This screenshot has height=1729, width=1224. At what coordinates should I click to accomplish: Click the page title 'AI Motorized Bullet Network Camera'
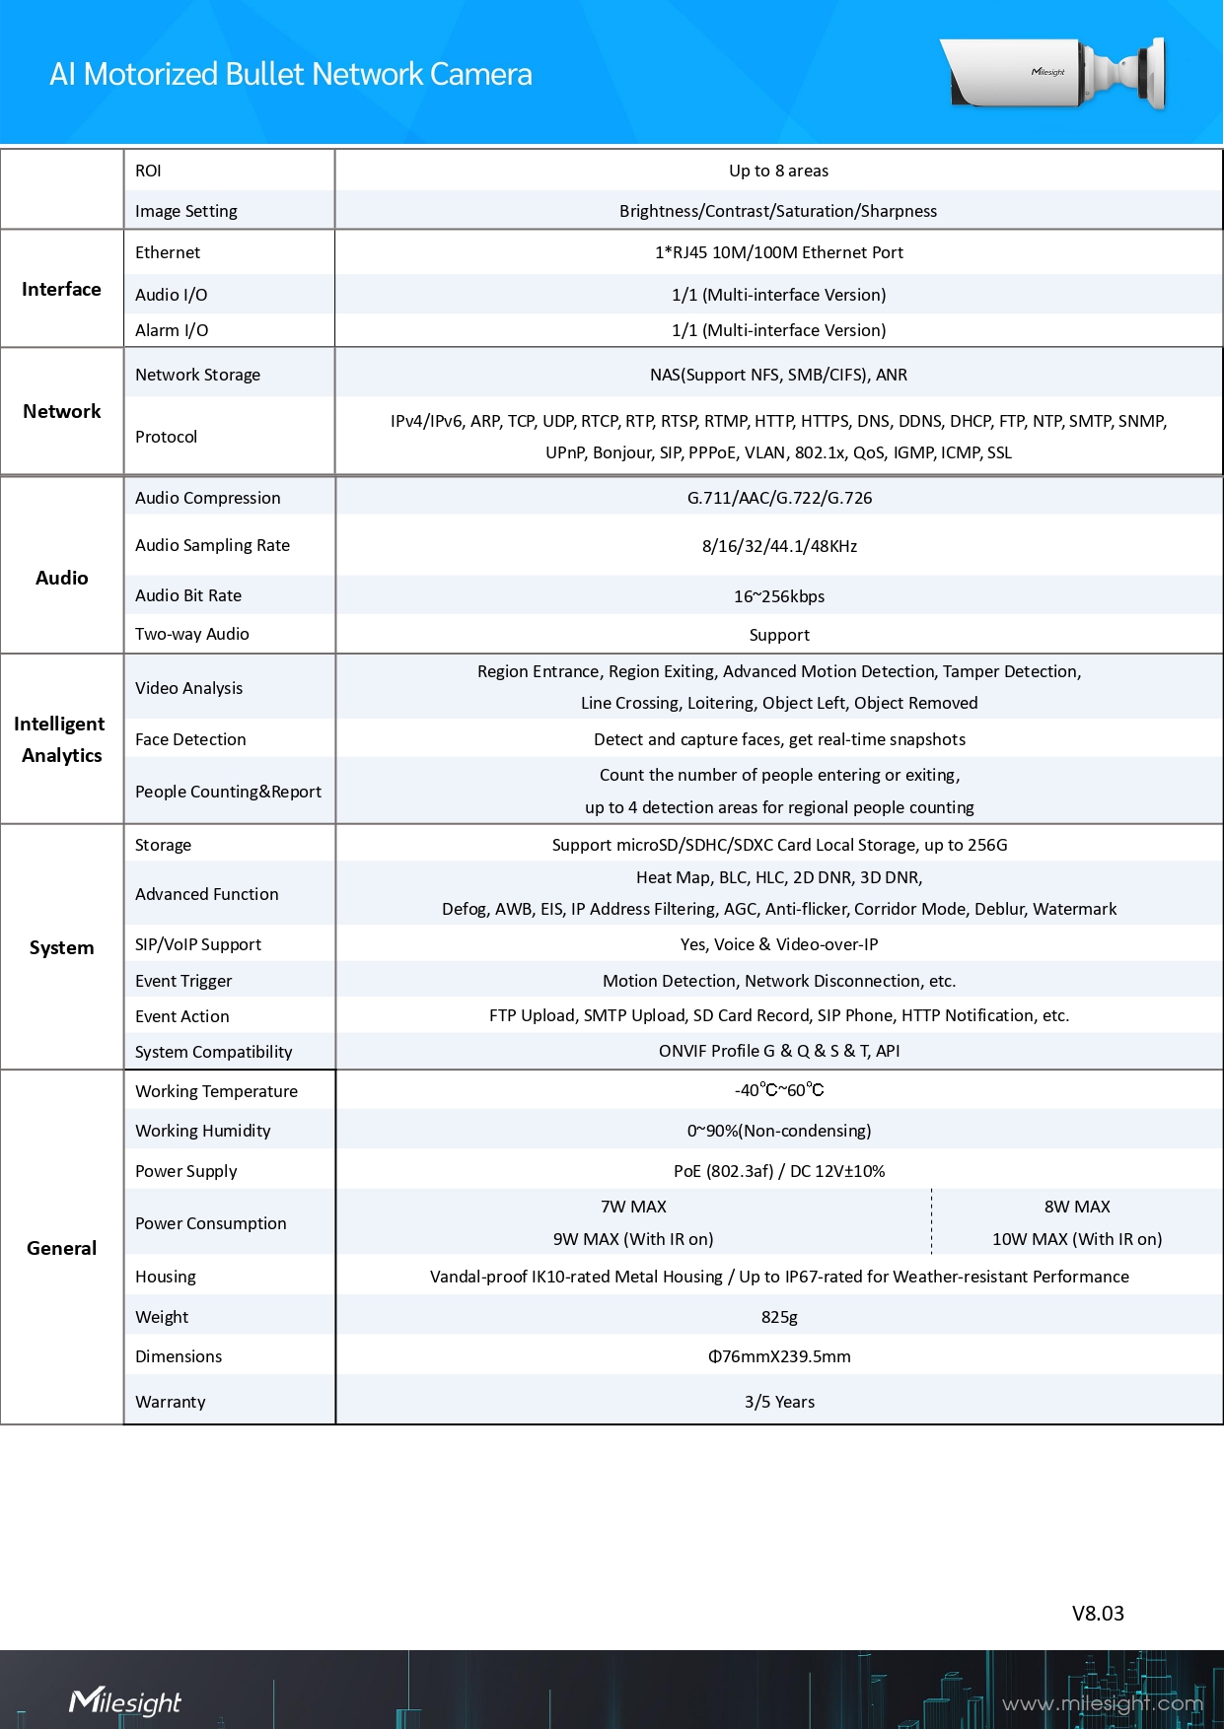tap(291, 74)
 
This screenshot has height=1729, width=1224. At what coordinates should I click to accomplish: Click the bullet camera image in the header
tap(1053, 73)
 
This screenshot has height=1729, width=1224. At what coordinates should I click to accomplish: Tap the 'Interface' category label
tap(61, 289)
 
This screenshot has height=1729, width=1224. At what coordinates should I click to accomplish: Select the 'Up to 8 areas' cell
tap(778, 171)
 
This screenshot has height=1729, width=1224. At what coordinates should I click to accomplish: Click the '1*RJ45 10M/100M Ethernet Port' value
tap(778, 252)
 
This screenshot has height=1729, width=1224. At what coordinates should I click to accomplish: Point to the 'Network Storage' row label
tap(197, 375)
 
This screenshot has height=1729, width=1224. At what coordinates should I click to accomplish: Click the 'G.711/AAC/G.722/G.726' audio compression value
tap(779, 498)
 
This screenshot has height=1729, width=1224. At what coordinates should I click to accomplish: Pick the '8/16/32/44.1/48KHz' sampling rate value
tap(779, 546)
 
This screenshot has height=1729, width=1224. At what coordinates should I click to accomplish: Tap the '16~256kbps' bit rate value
tap(779, 596)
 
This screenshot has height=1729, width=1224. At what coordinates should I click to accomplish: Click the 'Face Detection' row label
tap(190, 739)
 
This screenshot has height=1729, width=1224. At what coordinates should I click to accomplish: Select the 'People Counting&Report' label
tap(228, 792)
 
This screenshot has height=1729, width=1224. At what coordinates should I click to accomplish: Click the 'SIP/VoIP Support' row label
tap(198, 944)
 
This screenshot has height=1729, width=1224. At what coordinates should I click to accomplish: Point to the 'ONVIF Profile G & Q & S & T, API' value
tap(779, 1051)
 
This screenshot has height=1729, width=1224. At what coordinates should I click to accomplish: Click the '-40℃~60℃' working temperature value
tap(779, 1090)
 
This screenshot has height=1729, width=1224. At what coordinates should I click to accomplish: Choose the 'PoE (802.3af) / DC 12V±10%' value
tap(779, 1171)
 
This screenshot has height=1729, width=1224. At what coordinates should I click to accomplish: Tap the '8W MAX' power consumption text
tap(1077, 1207)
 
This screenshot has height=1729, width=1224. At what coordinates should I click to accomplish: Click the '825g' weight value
tap(779, 1317)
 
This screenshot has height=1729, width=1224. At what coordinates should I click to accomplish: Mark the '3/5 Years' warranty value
tap(779, 1402)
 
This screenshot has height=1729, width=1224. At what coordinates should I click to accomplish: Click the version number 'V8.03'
tap(1098, 1614)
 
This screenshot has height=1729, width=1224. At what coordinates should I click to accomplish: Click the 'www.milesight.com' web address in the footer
tap(1103, 1703)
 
